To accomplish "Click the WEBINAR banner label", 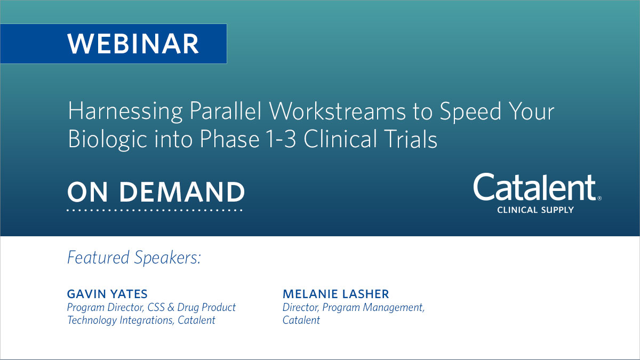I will [x=133, y=44].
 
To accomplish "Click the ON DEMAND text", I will [x=156, y=192].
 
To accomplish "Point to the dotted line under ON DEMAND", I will [x=155, y=210].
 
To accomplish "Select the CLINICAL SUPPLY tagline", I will [x=535, y=210].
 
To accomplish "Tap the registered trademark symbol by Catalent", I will [x=599, y=198].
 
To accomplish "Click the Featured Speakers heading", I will [x=134, y=258].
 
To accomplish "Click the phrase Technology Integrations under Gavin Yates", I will [x=122, y=321].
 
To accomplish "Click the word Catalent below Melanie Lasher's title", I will [x=301, y=321].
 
